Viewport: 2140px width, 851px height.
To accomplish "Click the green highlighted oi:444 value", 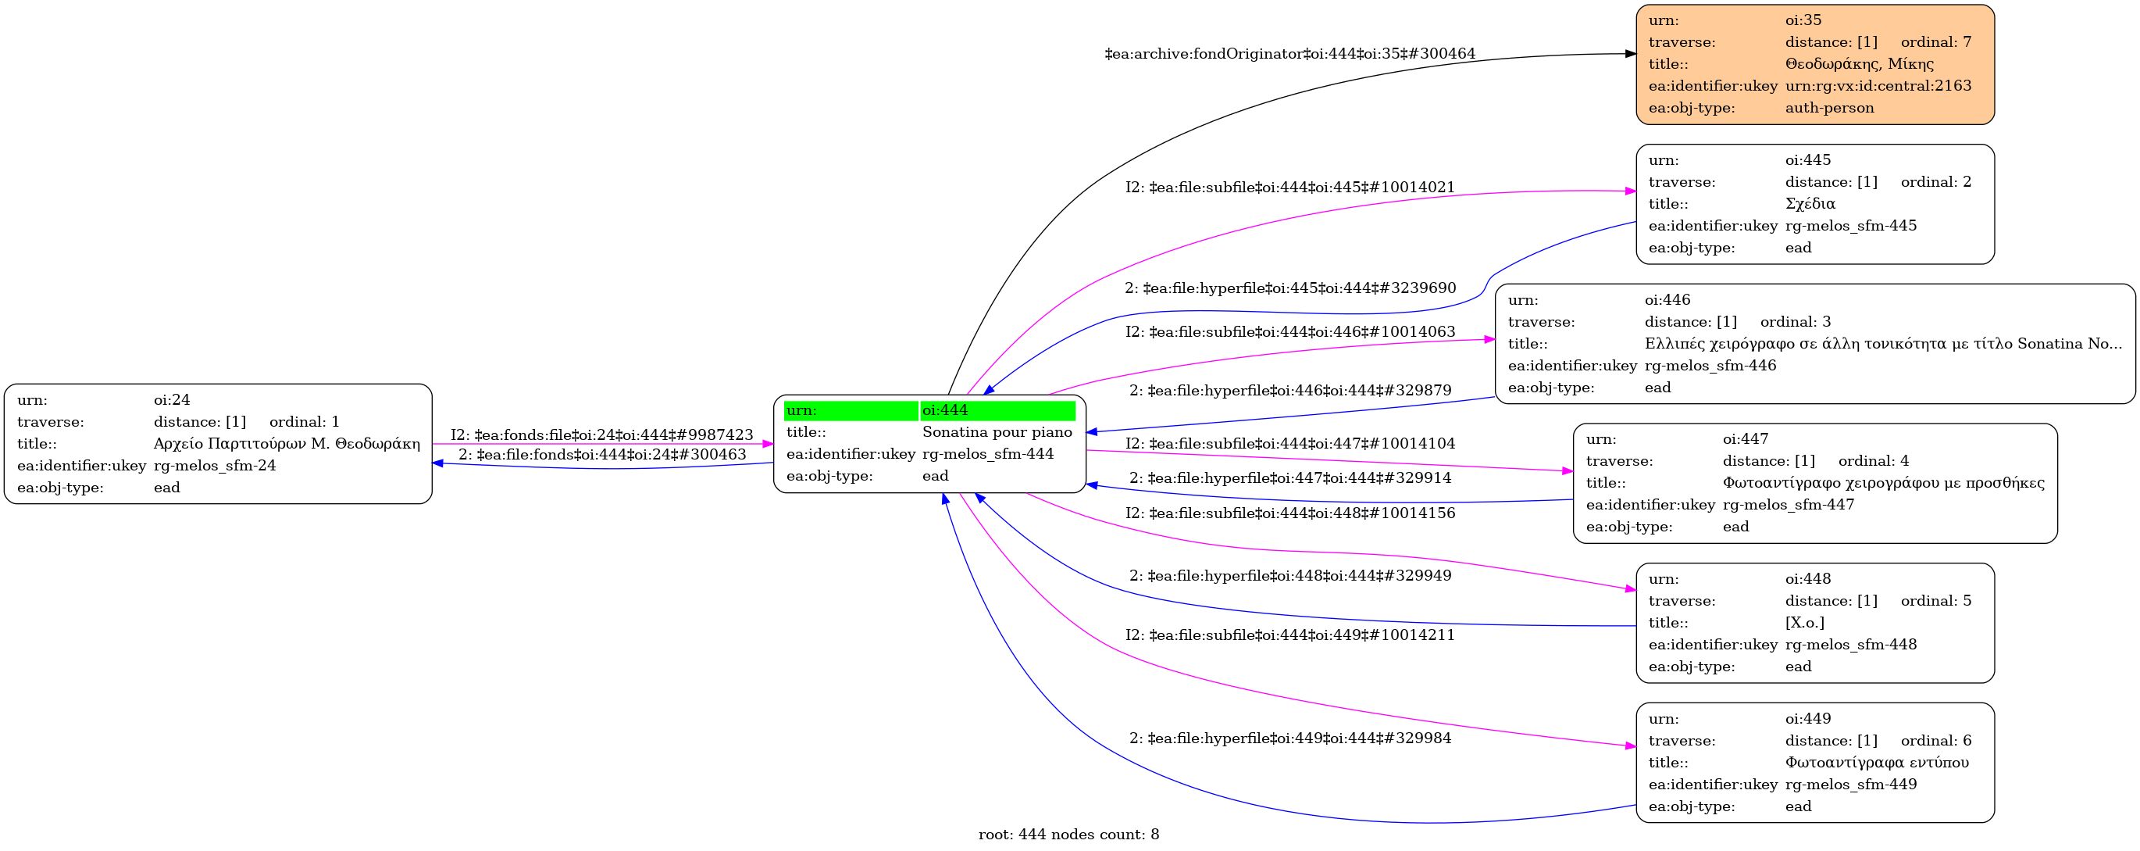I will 997,410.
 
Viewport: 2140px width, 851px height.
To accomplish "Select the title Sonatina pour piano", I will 997,432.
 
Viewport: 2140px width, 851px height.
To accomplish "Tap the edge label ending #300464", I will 1289,54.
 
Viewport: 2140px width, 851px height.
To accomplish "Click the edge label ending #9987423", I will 601,434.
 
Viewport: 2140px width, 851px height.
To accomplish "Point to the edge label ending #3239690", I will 1290,288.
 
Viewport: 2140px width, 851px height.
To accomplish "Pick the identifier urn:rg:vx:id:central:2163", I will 1878,86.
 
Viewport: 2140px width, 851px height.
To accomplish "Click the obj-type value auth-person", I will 1829,108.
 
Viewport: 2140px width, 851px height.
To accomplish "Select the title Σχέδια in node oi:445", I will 1810,204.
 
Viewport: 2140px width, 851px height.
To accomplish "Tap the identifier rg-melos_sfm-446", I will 1710,366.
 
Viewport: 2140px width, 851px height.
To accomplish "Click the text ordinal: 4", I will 1874,461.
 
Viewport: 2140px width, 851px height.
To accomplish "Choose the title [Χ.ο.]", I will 1804,623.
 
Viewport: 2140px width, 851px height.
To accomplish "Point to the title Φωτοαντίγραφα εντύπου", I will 1877,762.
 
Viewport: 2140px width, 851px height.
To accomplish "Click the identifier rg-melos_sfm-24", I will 214,466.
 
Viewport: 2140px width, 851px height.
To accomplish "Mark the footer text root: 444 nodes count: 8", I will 1068,835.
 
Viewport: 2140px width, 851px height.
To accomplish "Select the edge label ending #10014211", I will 1290,635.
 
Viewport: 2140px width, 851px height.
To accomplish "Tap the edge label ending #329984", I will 1290,738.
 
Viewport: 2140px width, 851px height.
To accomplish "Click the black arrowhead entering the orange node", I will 1630,54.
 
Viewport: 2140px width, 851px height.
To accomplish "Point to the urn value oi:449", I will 1808,719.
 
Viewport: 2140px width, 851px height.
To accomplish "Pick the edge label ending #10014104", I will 1290,444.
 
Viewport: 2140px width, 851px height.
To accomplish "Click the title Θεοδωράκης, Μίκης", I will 1859,64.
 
